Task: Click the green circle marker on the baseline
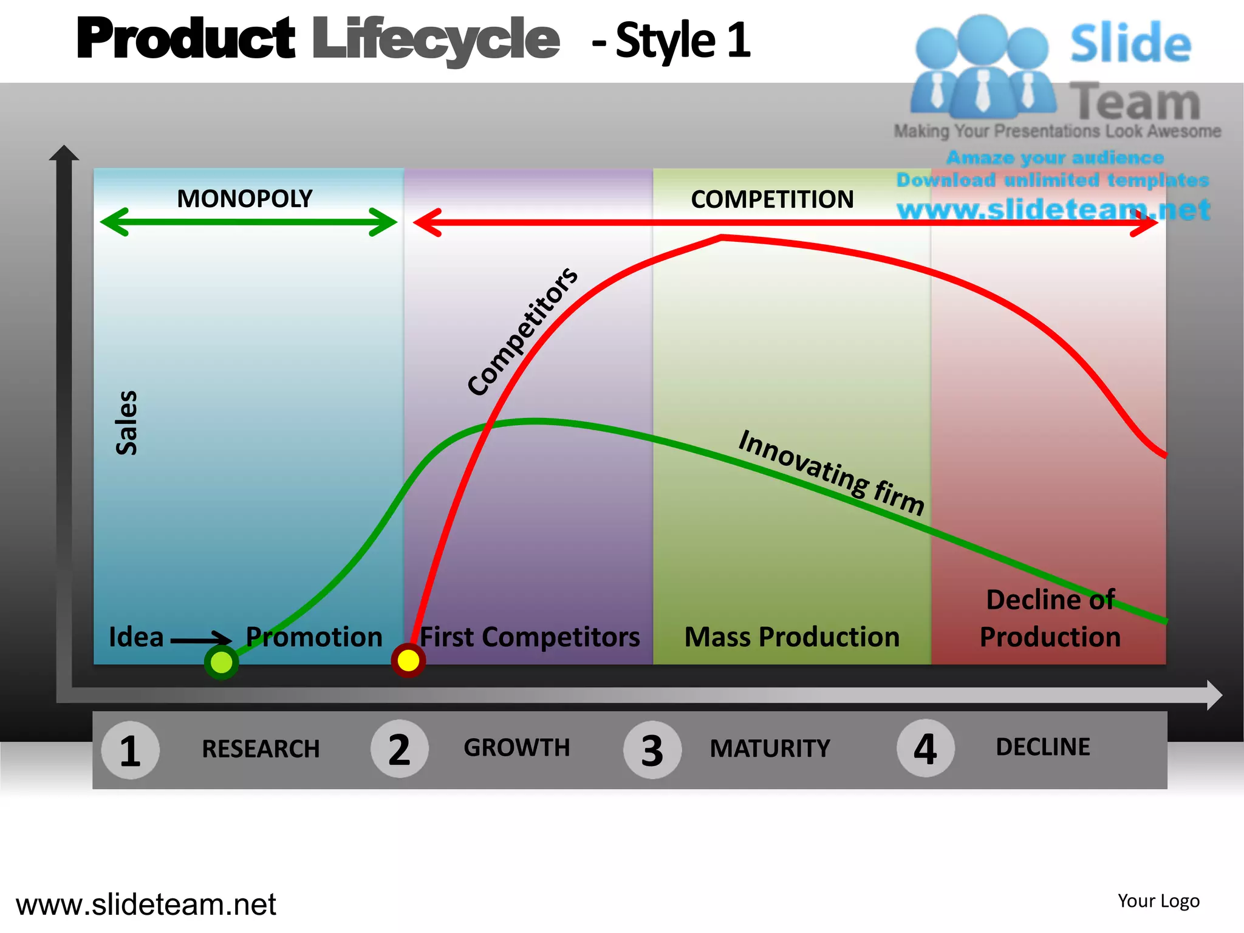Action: point(221,662)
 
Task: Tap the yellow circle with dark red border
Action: point(408,660)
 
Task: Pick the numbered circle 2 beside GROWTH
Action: point(399,749)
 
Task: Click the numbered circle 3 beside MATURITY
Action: point(652,750)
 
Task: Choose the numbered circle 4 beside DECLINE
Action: point(925,748)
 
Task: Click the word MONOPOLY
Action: point(244,199)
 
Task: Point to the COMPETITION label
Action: point(772,199)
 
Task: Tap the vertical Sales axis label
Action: point(126,423)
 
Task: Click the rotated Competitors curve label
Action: point(522,332)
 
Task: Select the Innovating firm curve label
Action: point(832,472)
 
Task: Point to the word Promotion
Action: point(314,637)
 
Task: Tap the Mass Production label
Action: point(791,637)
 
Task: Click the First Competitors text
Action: point(530,637)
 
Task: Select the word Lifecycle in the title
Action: point(436,39)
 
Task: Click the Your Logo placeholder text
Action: point(1158,901)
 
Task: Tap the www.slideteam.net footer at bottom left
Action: point(146,904)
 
